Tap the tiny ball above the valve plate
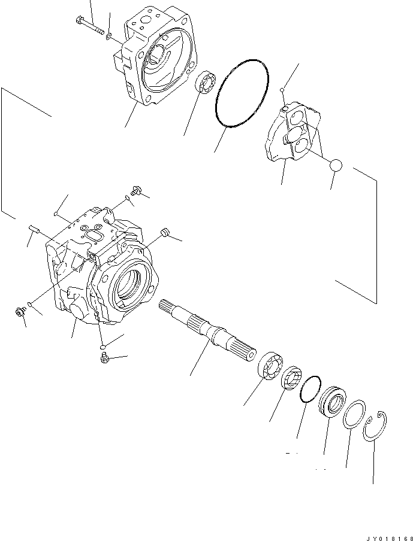[281, 90]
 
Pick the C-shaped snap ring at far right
[376, 426]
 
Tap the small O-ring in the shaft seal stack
[309, 390]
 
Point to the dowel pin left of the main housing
[34, 229]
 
